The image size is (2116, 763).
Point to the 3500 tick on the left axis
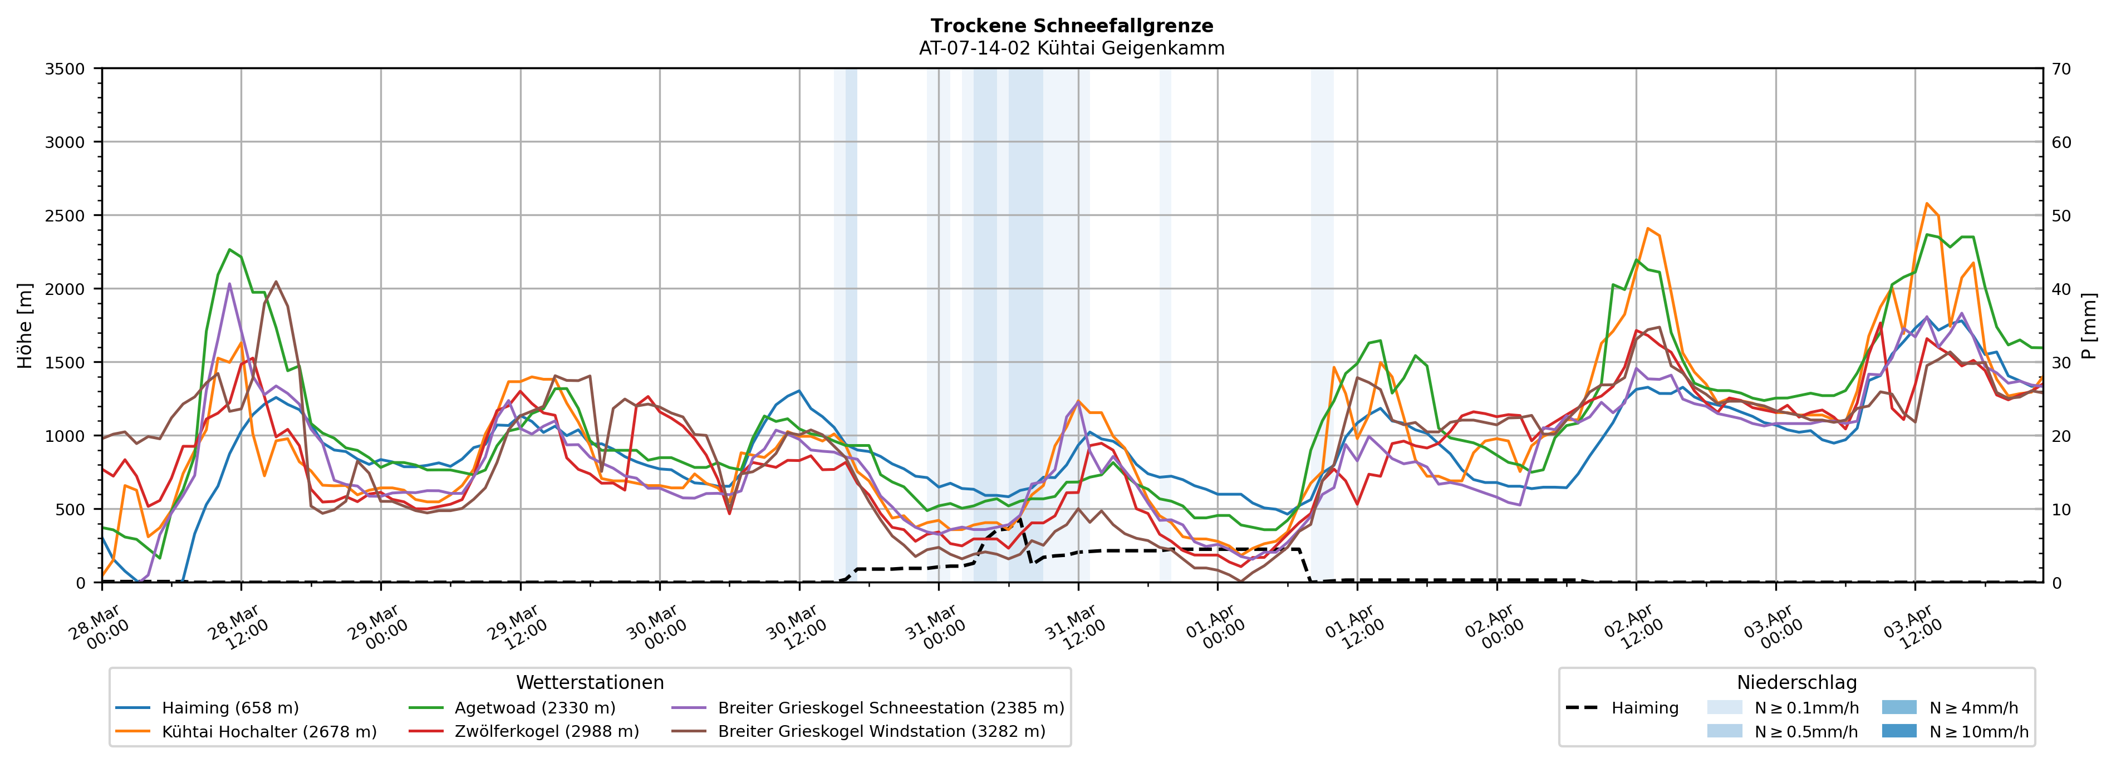(x=65, y=69)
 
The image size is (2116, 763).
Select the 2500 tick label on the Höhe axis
(x=65, y=216)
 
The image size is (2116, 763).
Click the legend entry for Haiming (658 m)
(x=230, y=708)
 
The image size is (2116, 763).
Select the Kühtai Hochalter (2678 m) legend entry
(x=269, y=732)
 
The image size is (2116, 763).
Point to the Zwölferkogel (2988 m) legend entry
(x=546, y=732)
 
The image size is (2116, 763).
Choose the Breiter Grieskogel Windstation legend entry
(x=881, y=732)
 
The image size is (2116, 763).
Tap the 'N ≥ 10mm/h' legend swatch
(x=1898, y=731)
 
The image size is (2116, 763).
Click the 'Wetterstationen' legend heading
(x=590, y=682)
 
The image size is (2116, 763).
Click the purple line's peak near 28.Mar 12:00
(x=229, y=284)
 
